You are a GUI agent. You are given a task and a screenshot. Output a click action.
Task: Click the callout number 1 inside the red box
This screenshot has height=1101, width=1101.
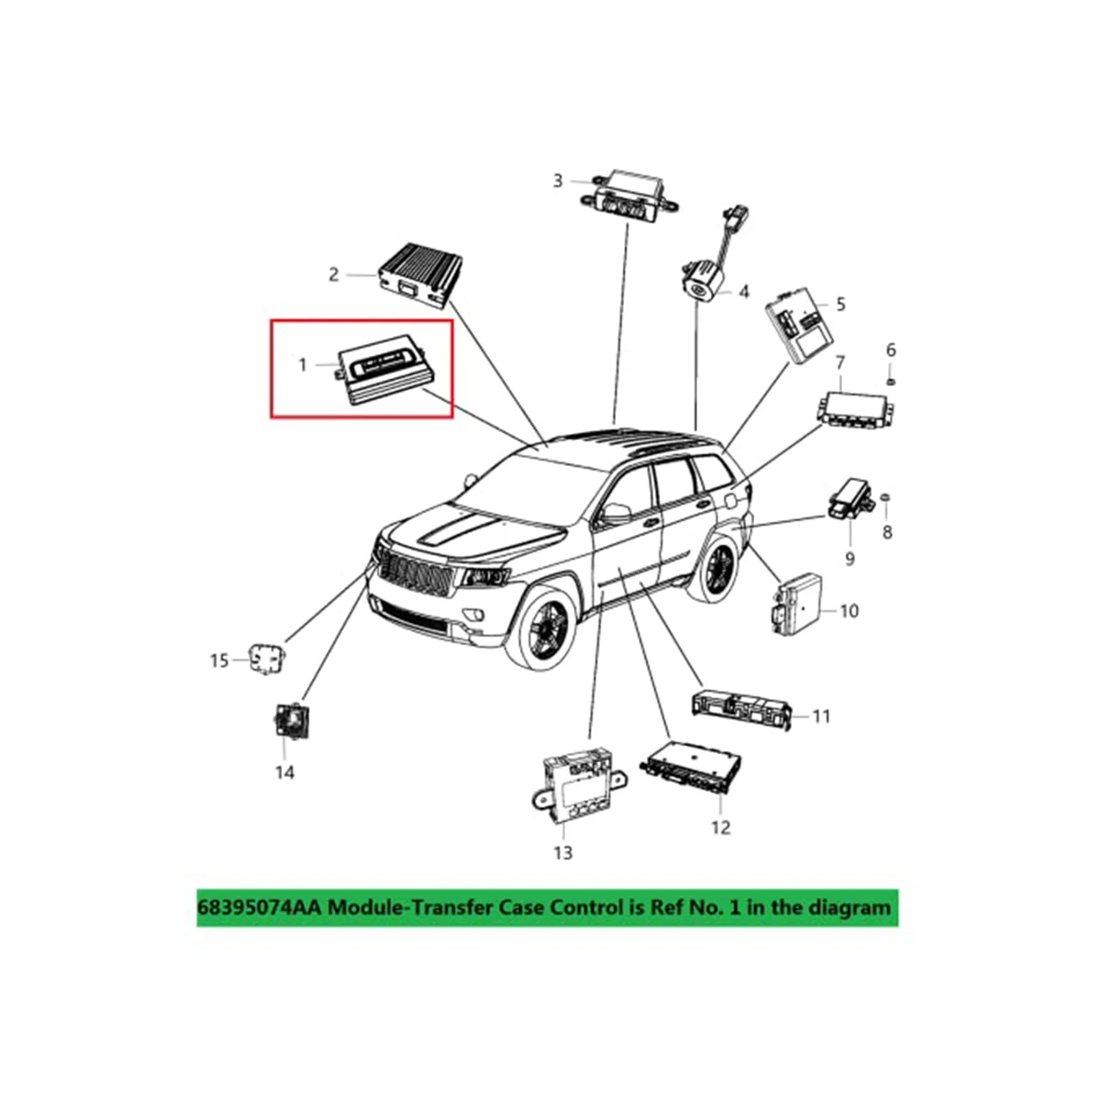pyautogui.click(x=303, y=365)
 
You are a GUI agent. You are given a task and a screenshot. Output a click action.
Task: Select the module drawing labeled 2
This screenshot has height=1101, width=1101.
pyautogui.click(x=420, y=271)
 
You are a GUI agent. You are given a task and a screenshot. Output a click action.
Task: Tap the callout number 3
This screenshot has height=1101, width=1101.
pyautogui.click(x=557, y=181)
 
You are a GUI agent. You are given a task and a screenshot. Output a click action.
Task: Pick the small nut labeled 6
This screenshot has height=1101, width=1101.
pyautogui.click(x=890, y=380)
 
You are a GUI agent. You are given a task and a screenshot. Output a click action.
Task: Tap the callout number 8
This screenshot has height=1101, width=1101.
pyautogui.click(x=886, y=532)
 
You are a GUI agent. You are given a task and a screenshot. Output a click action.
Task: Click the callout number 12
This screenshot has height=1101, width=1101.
pyautogui.click(x=721, y=828)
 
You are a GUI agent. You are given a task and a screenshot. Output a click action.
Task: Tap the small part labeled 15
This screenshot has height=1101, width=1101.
pyautogui.click(x=266, y=658)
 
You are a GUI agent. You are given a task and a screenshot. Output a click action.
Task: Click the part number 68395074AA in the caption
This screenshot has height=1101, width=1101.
pyautogui.click(x=260, y=907)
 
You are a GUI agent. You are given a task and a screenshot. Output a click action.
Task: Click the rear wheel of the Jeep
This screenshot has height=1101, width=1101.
pyautogui.click(x=718, y=570)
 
